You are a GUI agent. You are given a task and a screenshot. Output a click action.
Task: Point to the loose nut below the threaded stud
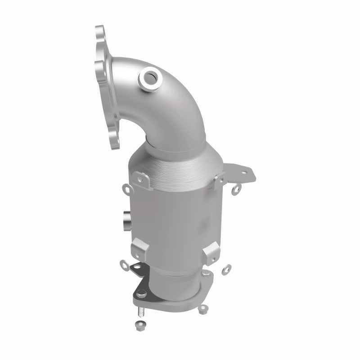click(x=138, y=325)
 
